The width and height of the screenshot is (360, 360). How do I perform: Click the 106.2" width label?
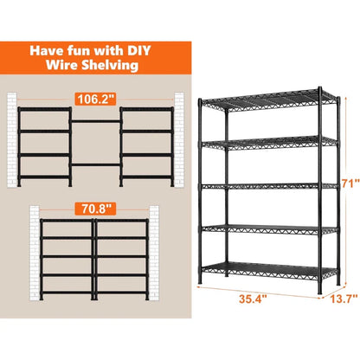(x=96, y=100)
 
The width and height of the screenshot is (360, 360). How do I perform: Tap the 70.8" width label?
(x=95, y=209)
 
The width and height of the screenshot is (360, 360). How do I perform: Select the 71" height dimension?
(x=350, y=183)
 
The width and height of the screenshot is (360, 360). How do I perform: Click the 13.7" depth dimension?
(x=344, y=299)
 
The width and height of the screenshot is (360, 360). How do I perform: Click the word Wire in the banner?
(x=62, y=65)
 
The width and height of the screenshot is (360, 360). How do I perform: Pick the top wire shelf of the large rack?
(x=269, y=101)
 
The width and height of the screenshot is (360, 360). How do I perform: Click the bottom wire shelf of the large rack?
(x=269, y=271)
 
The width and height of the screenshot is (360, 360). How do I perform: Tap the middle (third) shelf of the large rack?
(x=269, y=186)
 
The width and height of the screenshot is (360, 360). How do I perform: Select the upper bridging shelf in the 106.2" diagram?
(x=96, y=122)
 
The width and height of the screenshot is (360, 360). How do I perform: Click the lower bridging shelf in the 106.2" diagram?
(x=96, y=164)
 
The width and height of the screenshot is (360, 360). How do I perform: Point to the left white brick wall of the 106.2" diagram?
(x=12, y=139)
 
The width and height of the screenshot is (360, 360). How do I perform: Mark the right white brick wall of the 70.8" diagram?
(x=154, y=253)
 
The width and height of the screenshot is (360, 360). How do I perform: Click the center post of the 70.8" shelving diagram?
(x=94, y=259)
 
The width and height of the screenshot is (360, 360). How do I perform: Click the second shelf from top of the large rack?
(x=269, y=143)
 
